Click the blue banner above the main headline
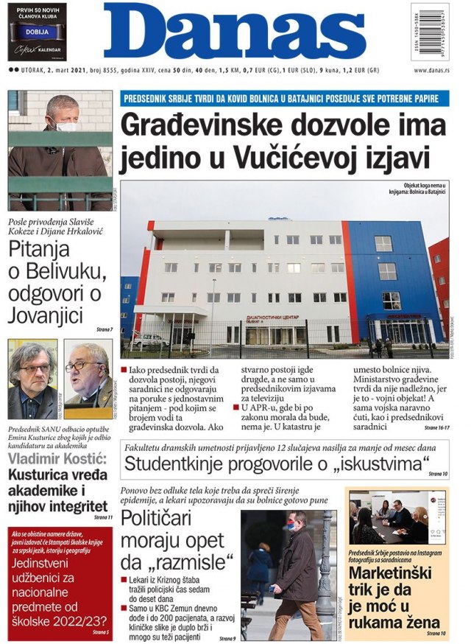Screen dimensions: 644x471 coord(284,98)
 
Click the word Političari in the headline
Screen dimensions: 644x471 coord(166,519)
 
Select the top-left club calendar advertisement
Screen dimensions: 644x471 coord(37,32)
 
